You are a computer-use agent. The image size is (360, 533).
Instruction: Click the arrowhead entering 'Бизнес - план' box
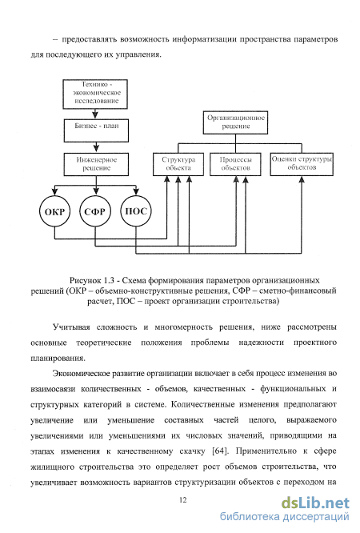[x=95, y=114]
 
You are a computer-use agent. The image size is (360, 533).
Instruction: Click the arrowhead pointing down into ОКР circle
[x=54, y=192]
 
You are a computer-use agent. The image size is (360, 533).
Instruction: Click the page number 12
[x=182, y=499]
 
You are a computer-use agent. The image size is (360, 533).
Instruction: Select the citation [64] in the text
[x=220, y=451]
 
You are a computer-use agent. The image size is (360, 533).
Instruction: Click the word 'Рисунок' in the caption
[x=86, y=281]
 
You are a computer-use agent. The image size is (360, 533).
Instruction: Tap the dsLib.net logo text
[x=315, y=503]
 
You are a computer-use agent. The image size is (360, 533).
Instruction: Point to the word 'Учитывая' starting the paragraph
[x=71, y=327]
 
